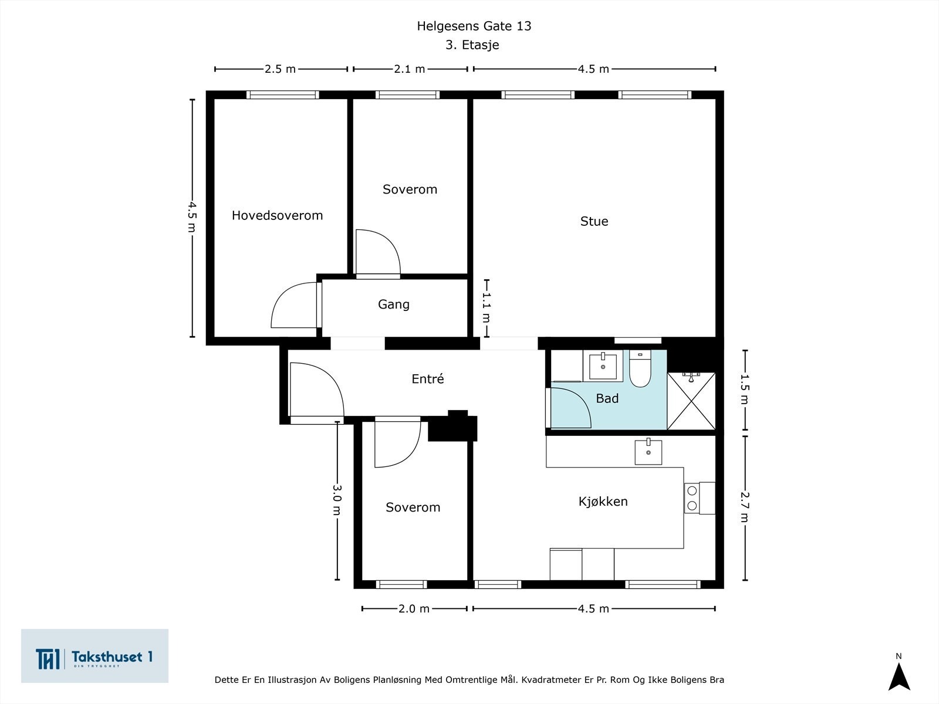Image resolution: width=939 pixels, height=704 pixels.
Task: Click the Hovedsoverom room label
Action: [277, 215]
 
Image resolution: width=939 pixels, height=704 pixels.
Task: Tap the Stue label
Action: [594, 221]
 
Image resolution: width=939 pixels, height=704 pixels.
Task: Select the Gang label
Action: [394, 304]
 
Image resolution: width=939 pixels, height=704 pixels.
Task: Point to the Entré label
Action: [428, 378]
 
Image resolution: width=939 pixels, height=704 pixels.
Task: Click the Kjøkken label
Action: [603, 501]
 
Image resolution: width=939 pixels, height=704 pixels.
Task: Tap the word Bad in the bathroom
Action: [607, 398]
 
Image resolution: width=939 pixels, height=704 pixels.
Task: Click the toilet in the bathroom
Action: [640, 368]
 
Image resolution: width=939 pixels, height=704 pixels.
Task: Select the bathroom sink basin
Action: [603, 366]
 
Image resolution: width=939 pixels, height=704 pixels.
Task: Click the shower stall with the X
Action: [691, 401]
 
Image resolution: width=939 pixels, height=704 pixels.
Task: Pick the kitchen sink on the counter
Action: [648, 451]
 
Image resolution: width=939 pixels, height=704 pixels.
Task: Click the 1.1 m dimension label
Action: [487, 307]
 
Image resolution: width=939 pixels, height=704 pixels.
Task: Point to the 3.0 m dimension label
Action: [337, 500]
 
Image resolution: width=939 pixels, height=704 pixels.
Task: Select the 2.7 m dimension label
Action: [745, 507]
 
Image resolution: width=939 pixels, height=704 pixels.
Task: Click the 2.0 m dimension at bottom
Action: [414, 609]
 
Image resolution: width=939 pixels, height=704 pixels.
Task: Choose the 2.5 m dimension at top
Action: [280, 69]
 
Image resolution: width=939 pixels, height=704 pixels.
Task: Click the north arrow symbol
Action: [899, 676]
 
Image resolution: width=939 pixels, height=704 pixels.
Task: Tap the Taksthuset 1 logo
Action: [94, 656]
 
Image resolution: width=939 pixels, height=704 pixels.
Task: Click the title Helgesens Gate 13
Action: [474, 26]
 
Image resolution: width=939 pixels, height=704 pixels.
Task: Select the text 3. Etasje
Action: [472, 45]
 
